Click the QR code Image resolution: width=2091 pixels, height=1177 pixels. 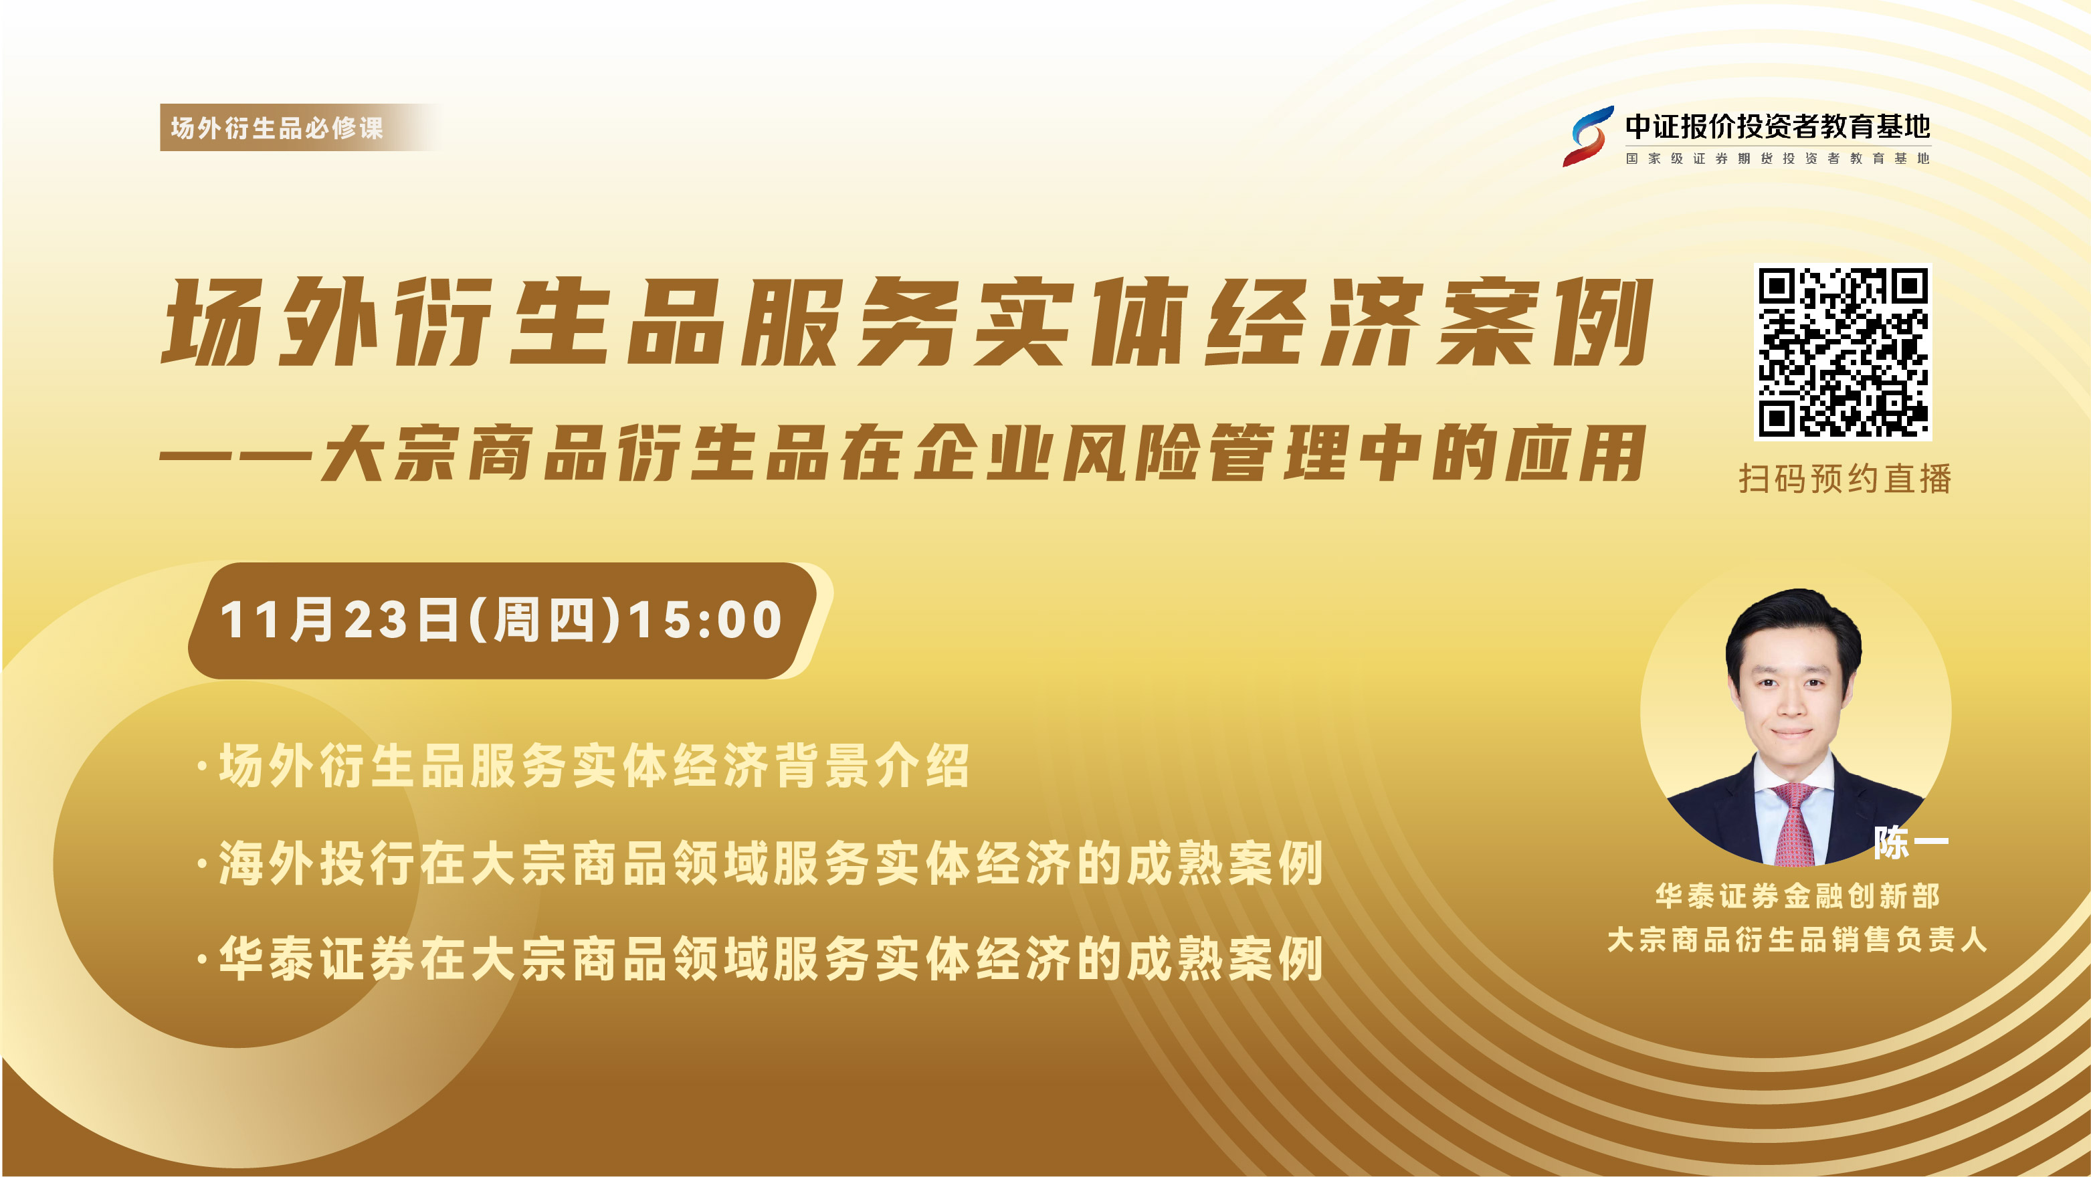[x=1843, y=352]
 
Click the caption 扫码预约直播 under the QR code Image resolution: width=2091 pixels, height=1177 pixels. [x=1844, y=479]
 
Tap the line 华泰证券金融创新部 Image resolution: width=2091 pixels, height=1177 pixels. [x=1797, y=896]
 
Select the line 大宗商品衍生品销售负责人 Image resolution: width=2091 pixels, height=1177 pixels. [x=1797, y=940]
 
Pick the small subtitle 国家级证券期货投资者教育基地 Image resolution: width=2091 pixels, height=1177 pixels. [x=1778, y=158]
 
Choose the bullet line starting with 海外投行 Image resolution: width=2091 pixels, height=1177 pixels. [x=761, y=862]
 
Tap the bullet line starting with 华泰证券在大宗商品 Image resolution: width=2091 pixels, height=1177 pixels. [x=761, y=958]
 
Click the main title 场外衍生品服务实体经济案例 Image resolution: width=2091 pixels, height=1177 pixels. [x=908, y=322]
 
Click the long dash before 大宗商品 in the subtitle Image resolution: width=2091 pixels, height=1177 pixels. [x=236, y=455]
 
